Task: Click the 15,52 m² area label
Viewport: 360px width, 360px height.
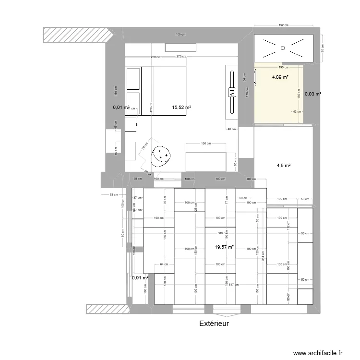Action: pyautogui.click(x=181, y=108)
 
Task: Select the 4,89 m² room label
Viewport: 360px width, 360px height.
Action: pyautogui.click(x=280, y=77)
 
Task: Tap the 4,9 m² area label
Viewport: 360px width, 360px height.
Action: pyautogui.click(x=283, y=166)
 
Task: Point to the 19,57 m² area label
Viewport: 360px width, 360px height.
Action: pyautogui.click(x=224, y=247)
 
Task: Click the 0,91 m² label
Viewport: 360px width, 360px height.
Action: pyautogui.click(x=140, y=277)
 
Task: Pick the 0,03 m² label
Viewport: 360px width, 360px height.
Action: pyautogui.click(x=312, y=94)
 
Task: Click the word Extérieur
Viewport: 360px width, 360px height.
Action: pyautogui.click(x=214, y=324)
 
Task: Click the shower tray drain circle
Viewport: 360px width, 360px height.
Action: pyautogui.click(x=283, y=48)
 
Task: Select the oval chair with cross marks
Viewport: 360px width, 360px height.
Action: pyautogui.click(x=161, y=156)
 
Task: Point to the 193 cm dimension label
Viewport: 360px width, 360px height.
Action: pyautogui.click(x=283, y=67)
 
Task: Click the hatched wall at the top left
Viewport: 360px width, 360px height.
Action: pyautogui.click(x=77, y=34)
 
